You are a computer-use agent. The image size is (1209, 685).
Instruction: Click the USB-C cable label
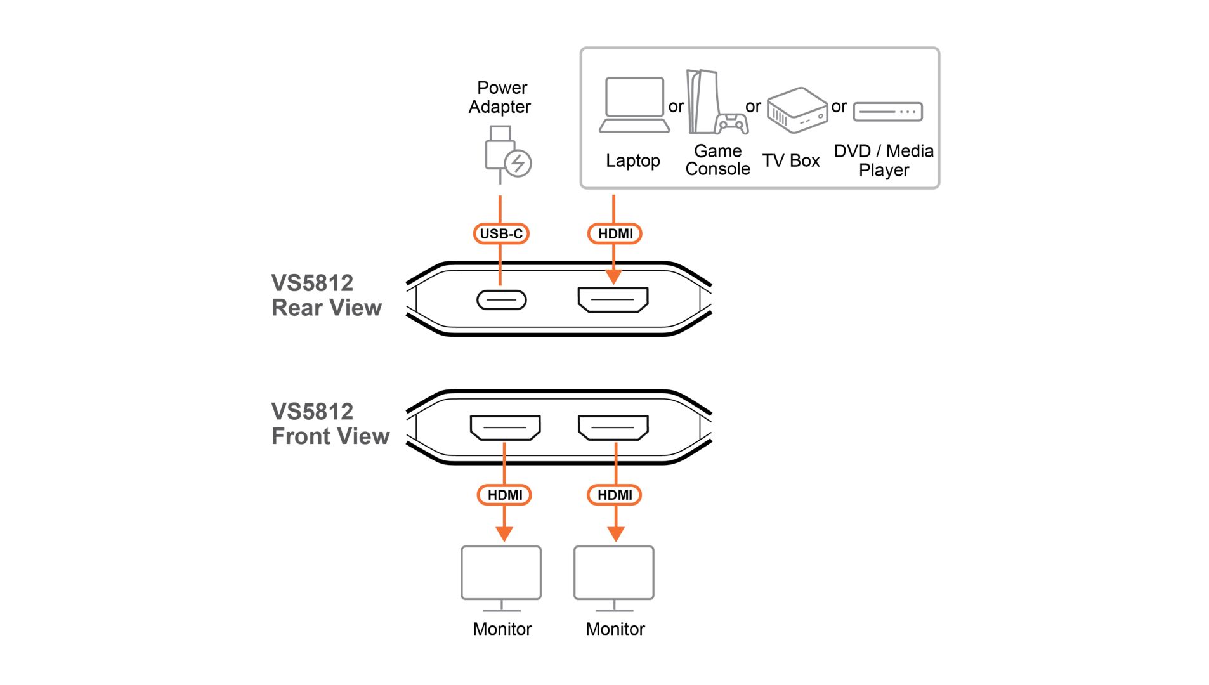point(500,233)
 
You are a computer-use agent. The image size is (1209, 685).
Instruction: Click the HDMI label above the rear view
point(615,233)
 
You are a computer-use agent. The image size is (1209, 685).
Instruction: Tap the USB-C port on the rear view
point(501,300)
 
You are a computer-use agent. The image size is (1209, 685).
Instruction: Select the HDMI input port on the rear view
point(613,299)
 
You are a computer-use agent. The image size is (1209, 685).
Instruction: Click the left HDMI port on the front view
point(505,427)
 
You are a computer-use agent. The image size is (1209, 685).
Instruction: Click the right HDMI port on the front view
point(613,427)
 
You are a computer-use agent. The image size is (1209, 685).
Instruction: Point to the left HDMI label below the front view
point(504,495)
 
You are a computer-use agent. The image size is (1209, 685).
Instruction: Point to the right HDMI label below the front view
point(615,495)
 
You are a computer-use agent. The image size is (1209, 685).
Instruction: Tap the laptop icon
point(634,105)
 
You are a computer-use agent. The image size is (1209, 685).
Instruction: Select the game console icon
point(716,103)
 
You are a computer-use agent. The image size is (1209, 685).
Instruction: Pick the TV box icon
point(797,110)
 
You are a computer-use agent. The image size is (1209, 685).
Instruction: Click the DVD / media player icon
point(887,112)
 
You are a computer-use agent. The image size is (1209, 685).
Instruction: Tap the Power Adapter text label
point(500,97)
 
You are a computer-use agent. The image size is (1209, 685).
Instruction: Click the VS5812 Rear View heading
point(326,295)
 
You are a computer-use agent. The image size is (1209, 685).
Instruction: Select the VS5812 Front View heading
point(330,424)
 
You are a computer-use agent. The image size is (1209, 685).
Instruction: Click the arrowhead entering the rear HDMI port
point(613,277)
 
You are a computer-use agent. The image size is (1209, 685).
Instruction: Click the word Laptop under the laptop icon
point(632,160)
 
